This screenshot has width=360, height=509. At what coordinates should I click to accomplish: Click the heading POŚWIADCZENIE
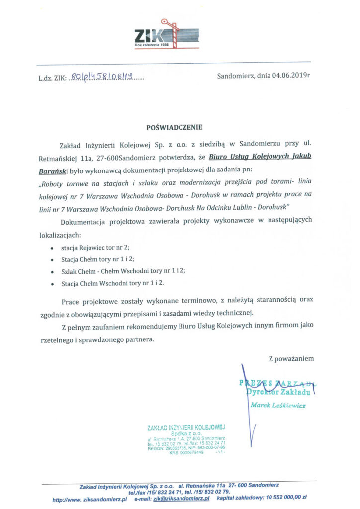click(x=175, y=127)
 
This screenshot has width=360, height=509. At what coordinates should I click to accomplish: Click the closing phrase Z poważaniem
click(x=291, y=358)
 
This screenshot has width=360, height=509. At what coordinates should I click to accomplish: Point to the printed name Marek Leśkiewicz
click(x=278, y=405)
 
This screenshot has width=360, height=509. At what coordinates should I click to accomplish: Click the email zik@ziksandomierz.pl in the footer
click(x=181, y=497)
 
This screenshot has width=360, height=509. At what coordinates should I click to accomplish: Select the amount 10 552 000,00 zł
click(x=282, y=497)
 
